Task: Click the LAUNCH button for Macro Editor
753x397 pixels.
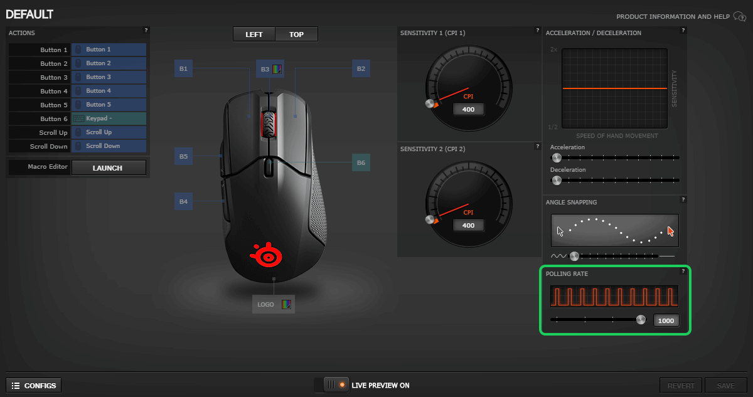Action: [x=109, y=167]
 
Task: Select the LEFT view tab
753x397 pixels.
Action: [x=254, y=34]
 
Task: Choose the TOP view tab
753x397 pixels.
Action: [x=296, y=34]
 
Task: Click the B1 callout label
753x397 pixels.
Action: [x=183, y=68]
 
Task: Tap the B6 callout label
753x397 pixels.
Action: [x=361, y=162]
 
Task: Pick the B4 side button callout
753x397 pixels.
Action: [x=183, y=201]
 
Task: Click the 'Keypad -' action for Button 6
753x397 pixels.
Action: [x=109, y=119]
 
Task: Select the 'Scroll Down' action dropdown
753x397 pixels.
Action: [x=109, y=146]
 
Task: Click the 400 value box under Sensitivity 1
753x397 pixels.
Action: [x=469, y=110]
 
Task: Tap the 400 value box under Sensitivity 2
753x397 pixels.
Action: [x=469, y=225]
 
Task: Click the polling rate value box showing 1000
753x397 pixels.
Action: [x=666, y=320]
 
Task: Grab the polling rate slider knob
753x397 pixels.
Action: [x=641, y=319]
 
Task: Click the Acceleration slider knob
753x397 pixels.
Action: [x=556, y=158]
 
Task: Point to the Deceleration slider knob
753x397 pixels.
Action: [x=556, y=181]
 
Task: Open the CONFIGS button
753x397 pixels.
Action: [x=34, y=386]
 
